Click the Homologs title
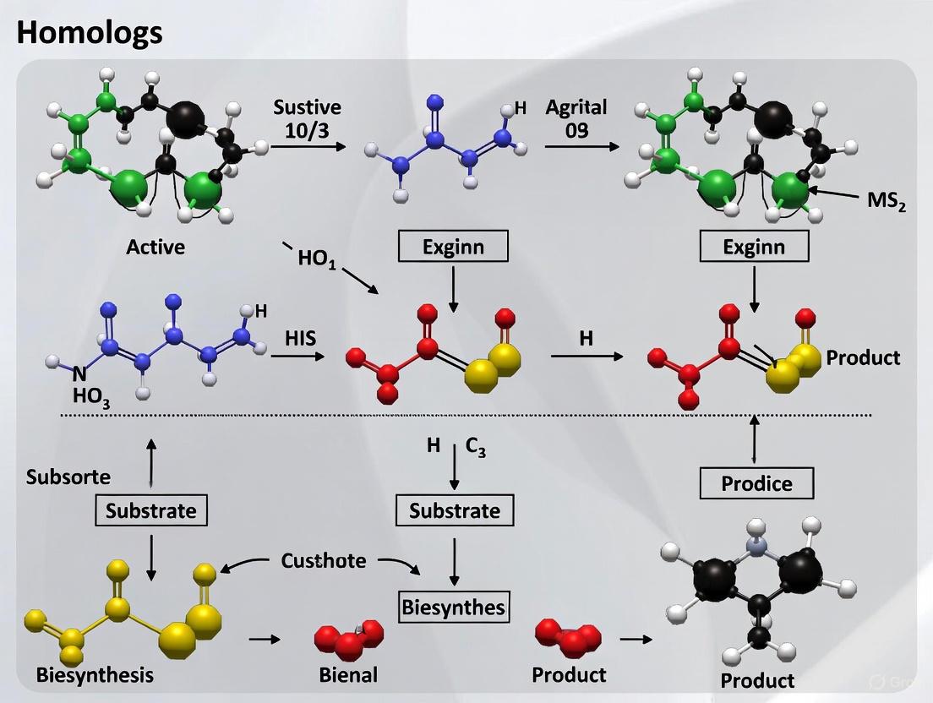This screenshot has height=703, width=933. point(90,33)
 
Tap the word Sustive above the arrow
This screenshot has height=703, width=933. point(307,107)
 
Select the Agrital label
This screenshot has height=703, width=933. point(576,107)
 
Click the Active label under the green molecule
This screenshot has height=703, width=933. point(155,247)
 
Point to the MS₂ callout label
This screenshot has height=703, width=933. point(887,204)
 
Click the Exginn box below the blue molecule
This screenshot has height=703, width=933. point(453,247)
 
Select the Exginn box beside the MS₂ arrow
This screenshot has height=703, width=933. point(754,247)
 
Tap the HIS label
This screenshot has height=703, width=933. point(300,339)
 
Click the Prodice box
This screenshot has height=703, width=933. point(756,483)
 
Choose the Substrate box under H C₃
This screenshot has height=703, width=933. point(455,510)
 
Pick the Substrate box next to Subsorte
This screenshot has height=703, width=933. point(151,510)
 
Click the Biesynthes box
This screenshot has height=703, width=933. point(454,606)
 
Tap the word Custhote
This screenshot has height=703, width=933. point(324,560)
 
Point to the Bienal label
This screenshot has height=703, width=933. point(348,674)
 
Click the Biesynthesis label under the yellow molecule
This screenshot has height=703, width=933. point(95,674)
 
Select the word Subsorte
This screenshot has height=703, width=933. point(68,477)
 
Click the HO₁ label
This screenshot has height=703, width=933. point(317,258)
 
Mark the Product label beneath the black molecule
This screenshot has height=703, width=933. point(757,680)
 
